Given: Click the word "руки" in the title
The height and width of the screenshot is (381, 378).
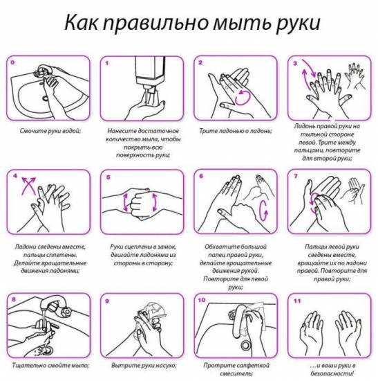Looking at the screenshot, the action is click(x=298, y=23).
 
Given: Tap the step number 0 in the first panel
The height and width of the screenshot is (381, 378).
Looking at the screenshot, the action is click(x=12, y=62).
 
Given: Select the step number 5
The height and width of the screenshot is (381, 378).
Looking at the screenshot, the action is click(x=108, y=177).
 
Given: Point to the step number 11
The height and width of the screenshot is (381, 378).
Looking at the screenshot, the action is click(x=297, y=301).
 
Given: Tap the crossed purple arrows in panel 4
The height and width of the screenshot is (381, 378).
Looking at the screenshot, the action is click(x=28, y=186).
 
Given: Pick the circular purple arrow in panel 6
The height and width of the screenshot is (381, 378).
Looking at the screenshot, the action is click(x=263, y=211).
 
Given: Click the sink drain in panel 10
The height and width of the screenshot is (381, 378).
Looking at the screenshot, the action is click(x=246, y=344).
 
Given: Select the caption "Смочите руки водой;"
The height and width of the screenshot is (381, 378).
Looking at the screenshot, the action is click(x=50, y=131).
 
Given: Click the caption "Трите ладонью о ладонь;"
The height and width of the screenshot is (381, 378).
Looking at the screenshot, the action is click(x=236, y=131).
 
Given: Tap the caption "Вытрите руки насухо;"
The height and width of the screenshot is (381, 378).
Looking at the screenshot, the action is click(x=144, y=365).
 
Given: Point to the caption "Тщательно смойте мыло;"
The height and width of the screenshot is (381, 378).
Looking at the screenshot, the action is click(x=50, y=365).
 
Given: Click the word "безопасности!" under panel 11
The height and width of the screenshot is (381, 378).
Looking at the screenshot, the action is click(x=332, y=373).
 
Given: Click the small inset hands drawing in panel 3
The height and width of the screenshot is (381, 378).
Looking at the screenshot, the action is click(x=355, y=76).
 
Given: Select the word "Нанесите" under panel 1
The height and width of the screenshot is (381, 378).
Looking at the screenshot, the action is click(x=121, y=131).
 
